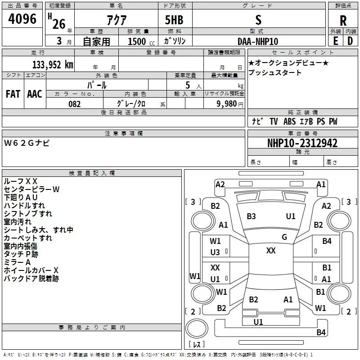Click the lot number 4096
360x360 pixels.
pyautogui.click(x=22, y=18)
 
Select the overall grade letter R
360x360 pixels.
pyautogui.click(x=343, y=20)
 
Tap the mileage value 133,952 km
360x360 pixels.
pyautogui.click(x=53, y=64)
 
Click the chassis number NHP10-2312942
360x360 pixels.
pyautogui.click(x=302, y=143)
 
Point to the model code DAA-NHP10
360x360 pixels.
pyautogui.click(x=257, y=41)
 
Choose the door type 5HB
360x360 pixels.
pyautogui.click(x=174, y=20)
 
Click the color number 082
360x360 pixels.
pyautogui.click(x=75, y=104)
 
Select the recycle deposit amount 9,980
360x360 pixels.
pyautogui.click(x=227, y=104)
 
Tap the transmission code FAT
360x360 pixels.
pyautogui.click(x=13, y=94)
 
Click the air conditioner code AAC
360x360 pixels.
pyautogui.click(x=35, y=94)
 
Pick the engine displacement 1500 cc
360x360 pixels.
pyautogui.click(x=141, y=41)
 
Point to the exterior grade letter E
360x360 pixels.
pyautogui.click(x=335, y=41)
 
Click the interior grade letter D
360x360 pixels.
pyautogui.click(x=350, y=41)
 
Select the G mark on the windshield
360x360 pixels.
pyautogui.click(x=284, y=237)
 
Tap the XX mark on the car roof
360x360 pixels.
pyautogui.click(x=271, y=251)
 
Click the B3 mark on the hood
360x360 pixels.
pyautogui.click(x=251, y=216)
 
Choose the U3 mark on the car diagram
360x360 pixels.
pyautogui.click(x=215, y=252)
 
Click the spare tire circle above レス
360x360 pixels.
pyautogui.click(x=197, y=328)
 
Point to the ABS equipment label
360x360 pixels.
pyautogui.click(x=289, y=121)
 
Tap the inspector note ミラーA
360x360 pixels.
pyautogui.click(x=17, y=262)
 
